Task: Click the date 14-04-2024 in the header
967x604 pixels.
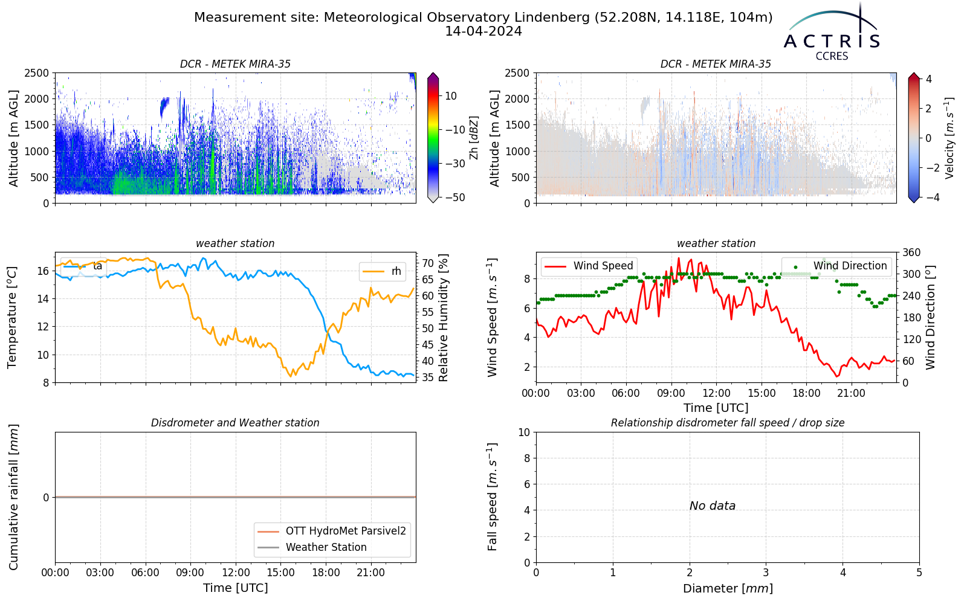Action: tap(483, 31)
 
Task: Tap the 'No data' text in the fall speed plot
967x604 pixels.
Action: tap(713, 506)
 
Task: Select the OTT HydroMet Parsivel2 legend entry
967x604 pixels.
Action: tap(332, 531)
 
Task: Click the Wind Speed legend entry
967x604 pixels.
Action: tap(589, 266)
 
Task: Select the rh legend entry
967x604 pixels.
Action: tap(383, 271)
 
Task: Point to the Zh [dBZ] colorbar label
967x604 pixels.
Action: tap(474, 138)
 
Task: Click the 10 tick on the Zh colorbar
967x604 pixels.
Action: tap(451, 96)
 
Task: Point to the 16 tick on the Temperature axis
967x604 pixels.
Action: tap(43, 271)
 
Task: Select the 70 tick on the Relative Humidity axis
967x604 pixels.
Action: tap(428, 263)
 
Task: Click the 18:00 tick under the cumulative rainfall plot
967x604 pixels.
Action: tap(326, 573)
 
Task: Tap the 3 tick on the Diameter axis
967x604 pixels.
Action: tap(766, 573)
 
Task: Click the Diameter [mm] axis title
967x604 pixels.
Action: tap(728, 588)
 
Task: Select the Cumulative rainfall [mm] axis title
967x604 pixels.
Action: tap(13, 497)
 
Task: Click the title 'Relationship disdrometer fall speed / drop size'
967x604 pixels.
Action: tap(728, 423)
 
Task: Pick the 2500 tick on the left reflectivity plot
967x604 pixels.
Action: tap(37, 73)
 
